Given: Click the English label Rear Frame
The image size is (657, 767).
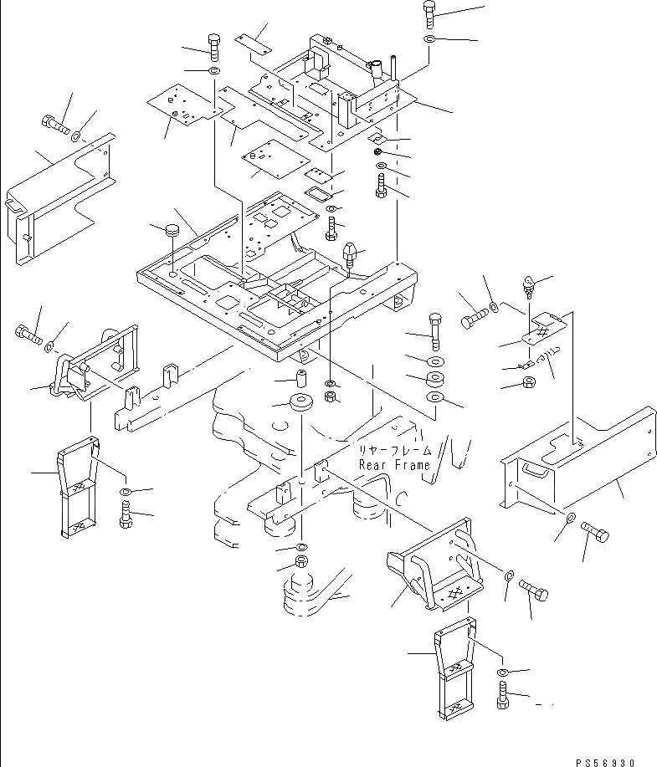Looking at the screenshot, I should click(394, 464).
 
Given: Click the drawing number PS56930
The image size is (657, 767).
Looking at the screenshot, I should click(606, 762).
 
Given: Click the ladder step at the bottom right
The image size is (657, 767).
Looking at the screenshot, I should click(453, 666).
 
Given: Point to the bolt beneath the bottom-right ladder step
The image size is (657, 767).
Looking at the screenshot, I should click(502, 695).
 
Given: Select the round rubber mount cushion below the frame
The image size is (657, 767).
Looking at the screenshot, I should click(300, 403).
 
